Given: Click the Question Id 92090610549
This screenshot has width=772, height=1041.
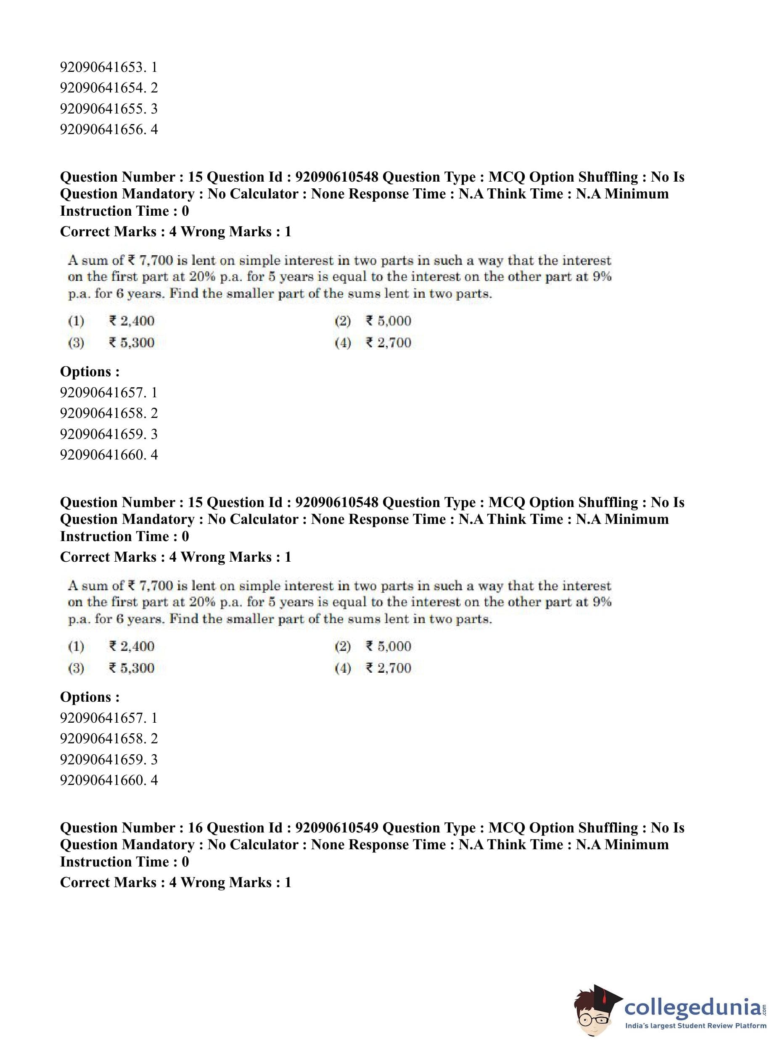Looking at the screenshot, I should (x=336, y=828).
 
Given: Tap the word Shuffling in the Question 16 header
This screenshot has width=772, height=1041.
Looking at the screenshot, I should (x=608, y=828).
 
